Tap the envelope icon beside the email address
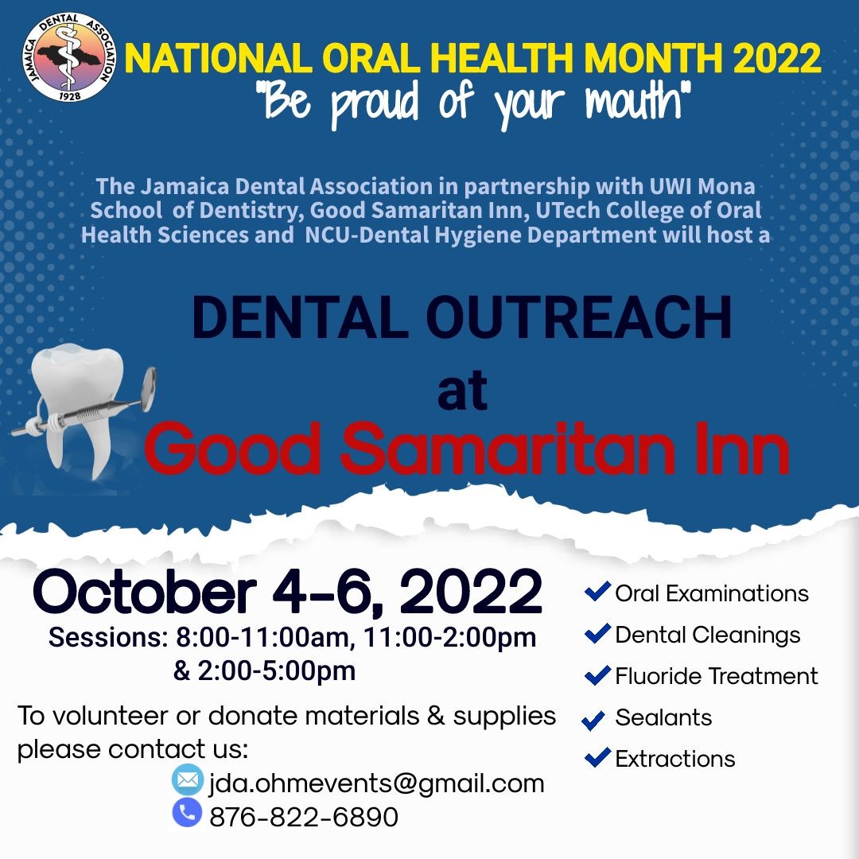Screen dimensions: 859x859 (188, 780)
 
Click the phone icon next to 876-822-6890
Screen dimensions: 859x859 (188, 812)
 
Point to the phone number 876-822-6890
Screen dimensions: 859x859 (303, 816)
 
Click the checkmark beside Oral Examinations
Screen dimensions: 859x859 (597, 592)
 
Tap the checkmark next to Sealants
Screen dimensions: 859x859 (593, 721)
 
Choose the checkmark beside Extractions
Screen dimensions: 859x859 (597, 757)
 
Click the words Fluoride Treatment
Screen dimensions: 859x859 (716, 676)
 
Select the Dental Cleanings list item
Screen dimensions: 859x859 (707, 635)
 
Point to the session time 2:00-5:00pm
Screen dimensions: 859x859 (275, 670)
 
